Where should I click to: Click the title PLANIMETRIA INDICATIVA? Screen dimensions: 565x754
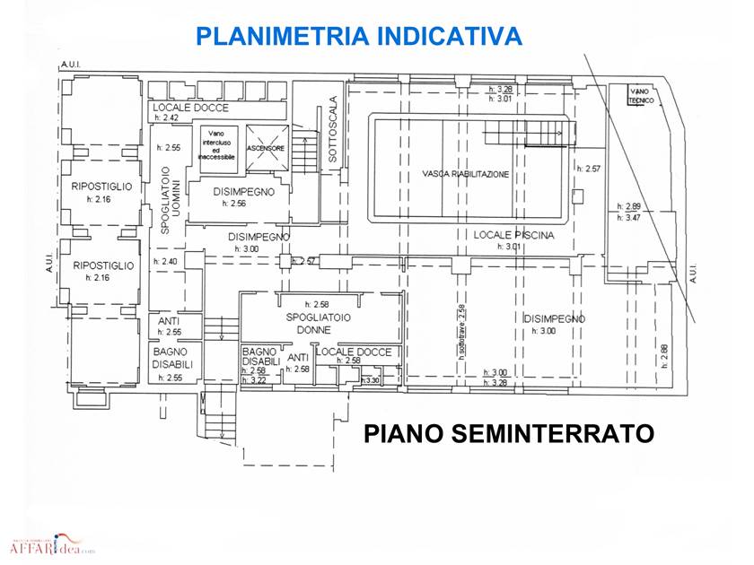pyautogui.click(x=359, y=37)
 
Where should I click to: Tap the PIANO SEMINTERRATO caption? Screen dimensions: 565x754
pyautogui.click(x=508, y=434)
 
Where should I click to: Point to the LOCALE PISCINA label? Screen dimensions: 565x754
pyautogui.click(x=514, y=235)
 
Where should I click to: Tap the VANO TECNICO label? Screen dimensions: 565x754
pyautogui.click(x=640, y=95)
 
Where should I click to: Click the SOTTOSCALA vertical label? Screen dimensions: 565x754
pyautogui.click(x=333, y=129)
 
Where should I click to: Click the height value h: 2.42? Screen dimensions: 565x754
pyautogui.click(x=167, y=118)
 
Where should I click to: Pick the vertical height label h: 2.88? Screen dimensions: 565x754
pyautogui.click(x=664, y=357)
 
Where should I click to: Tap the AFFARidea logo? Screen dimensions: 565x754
pyautogui.click(x=51, y=546)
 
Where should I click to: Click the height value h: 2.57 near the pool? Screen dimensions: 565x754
pyautogui.click(x=589, y=168)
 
